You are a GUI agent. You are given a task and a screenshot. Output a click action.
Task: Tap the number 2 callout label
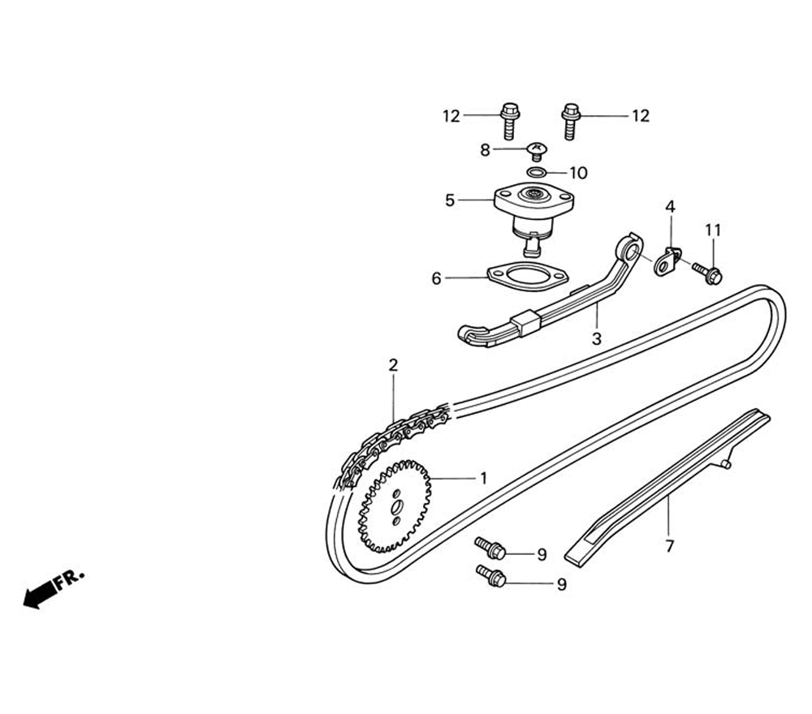[x=393, y=365]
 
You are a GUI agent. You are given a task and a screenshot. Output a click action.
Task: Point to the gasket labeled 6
[x=527, y=277]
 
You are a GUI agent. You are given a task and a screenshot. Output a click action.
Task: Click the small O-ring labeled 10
[x=535, y=172]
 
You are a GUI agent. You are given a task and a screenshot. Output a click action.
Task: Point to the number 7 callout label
[x=669, y=547]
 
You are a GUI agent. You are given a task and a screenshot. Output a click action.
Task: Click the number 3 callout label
[x=596, y=339]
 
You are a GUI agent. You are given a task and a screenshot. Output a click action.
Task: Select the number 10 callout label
[x=578, y=173]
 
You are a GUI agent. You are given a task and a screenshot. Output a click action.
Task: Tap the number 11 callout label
[x=712, y=230]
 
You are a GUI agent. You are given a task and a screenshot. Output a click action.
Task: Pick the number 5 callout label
[x=450, y=200]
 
